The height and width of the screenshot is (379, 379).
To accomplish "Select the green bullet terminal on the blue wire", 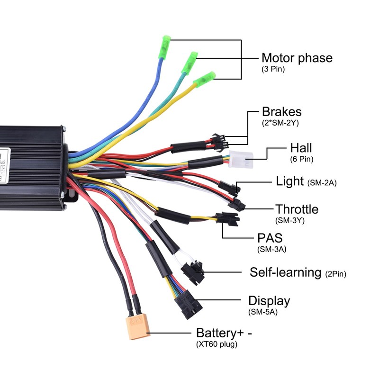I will point(164,47).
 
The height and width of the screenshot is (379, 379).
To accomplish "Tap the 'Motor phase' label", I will point(297,58).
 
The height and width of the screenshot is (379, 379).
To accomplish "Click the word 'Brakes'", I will point(281,112).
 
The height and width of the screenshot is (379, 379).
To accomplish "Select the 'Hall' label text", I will point(301,148).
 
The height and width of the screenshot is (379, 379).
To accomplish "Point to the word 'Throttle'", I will point(297,209).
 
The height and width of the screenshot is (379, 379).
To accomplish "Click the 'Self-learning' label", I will point(285,272).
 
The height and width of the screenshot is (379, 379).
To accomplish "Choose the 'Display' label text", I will point(269,301).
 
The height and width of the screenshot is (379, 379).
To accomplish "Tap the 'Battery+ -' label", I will point(224,333).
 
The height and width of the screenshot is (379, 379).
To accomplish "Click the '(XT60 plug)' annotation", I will point(217,344).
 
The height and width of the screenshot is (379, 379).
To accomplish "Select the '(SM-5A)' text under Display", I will point(262,312).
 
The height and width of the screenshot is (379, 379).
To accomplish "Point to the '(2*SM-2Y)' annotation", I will point(280,122).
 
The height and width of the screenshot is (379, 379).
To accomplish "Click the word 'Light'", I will point(290,181).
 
